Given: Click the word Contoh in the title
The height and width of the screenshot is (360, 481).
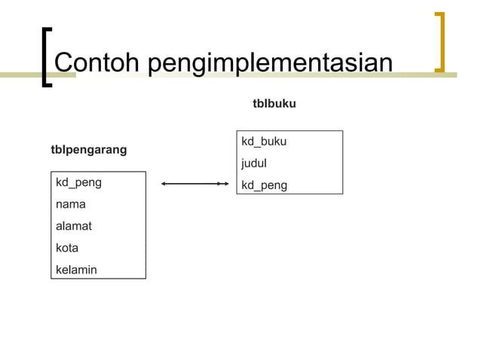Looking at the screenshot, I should pyautogui.click(x=97, y=63).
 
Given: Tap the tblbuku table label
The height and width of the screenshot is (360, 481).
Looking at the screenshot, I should pyautogui.click(x=274, y=103).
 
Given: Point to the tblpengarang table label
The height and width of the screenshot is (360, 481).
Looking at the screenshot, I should pyautogui.click(x=88, y=150).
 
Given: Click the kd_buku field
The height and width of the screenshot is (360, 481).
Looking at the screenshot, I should pyautogui.click(x=263, y=142).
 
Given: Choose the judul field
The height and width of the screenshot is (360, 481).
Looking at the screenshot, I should pyautogui.click(x=254, y=163).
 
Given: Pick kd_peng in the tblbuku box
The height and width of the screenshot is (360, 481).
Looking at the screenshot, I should pyautogui.click(x=264, y=185).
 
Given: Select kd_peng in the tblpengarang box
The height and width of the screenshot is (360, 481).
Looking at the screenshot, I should pyautogui.click(x=78, y=182).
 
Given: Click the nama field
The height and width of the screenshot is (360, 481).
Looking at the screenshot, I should pyautogui.click(x=71, y=204).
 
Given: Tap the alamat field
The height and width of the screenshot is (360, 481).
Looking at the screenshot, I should pyautogui.click(x=74, y=226).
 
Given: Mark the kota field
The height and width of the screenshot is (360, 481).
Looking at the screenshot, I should pyautogui.click(x=67, y=247).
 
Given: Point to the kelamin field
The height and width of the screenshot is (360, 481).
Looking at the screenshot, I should pyautogui.click(x=76, y=269).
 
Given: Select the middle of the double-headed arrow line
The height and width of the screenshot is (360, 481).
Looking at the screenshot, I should pyautogui.click(x=195, y=183).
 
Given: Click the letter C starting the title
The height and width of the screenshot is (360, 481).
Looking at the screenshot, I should pyautogui.click(x=65, y=63).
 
